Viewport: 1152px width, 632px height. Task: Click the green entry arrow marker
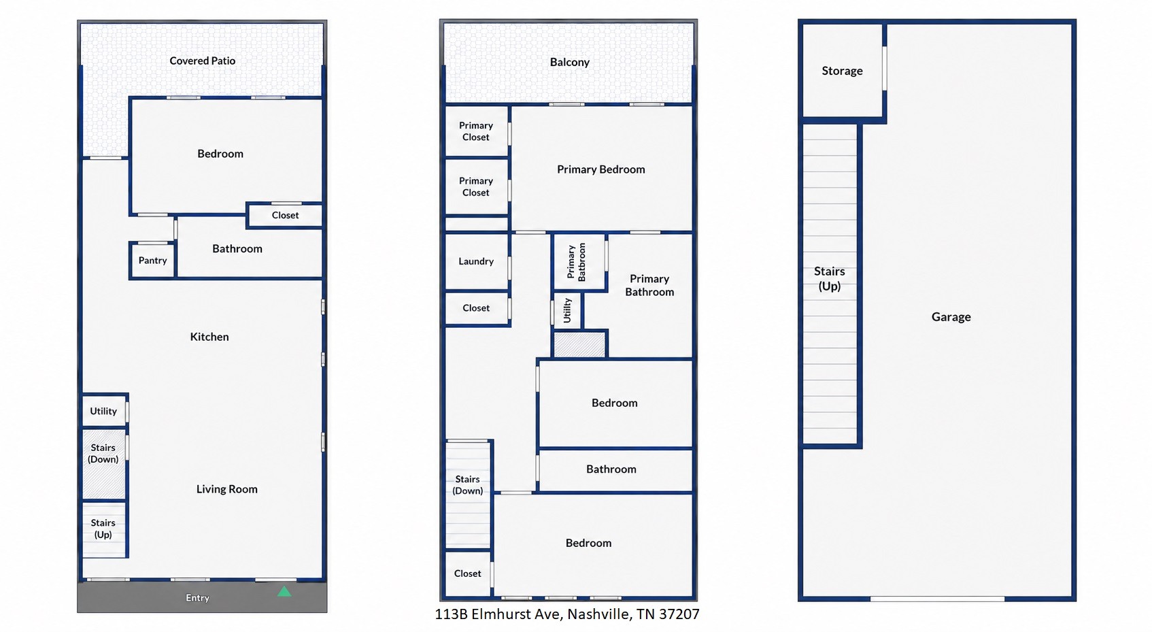pos(284,591)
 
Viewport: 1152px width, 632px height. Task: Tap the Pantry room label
pos(153,261)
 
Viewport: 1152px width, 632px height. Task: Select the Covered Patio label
pos(203,61)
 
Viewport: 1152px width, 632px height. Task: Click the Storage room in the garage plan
pos(843,71)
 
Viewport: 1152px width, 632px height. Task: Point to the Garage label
pos(951,317)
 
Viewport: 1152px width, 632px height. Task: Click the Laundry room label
pos(476,261)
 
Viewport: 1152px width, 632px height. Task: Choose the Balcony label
pos(570,63)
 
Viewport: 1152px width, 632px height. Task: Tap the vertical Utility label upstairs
pos(567,310)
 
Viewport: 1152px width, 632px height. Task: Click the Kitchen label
pos(209,337)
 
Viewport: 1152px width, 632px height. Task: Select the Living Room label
pos(227,489)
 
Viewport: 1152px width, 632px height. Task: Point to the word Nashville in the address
pos(599,614)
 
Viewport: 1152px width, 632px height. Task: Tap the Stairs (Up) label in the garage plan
pos(830,278)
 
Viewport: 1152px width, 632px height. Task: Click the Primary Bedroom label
pos(600,169)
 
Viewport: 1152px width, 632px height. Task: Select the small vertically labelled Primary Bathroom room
pos(579,262)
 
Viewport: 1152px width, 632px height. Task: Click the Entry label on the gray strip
pos(197,598)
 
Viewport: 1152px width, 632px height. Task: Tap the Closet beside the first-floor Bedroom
pos(285,215)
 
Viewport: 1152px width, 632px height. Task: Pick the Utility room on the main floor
pos(104,411)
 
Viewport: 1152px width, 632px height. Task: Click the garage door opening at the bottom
pos(937,599)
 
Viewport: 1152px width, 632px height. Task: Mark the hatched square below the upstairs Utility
pos(579,344)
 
